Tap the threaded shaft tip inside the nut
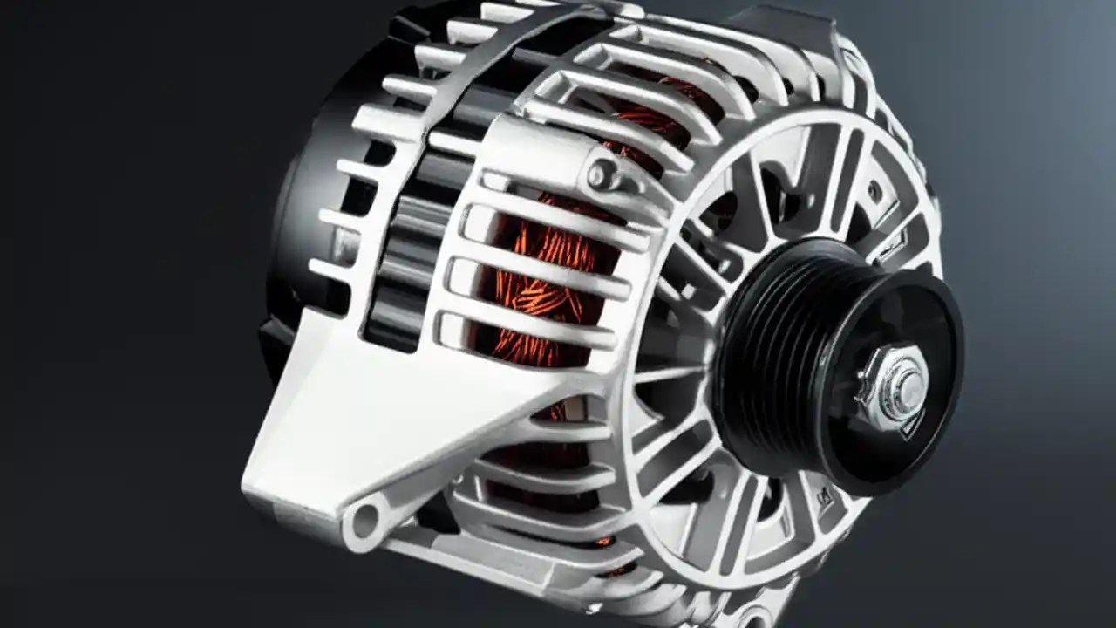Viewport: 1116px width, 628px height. [x=907, y=383]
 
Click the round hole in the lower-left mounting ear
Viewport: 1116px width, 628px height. [x=364, y=522]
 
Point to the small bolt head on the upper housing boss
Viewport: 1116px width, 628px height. [x=600, y=174]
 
